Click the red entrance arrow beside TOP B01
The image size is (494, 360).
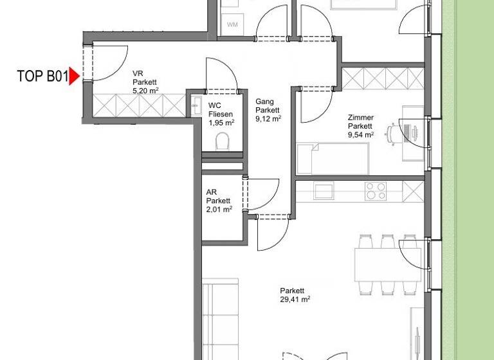point(74,76)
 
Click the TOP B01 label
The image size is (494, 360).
point(42,77)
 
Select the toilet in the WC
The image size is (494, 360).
point(223,141)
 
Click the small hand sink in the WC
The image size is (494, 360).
point(196,105)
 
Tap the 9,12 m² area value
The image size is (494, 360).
point(268,119)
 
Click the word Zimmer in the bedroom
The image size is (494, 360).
point(360,118)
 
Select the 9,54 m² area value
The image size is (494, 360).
point(361,135)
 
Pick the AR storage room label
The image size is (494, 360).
point(211,192)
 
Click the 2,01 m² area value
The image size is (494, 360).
point(219,209)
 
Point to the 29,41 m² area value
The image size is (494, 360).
point(295,299)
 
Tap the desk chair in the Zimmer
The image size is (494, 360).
point(393,133)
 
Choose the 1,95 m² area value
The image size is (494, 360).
point(221,122)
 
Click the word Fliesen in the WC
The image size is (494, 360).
point(221,114)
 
